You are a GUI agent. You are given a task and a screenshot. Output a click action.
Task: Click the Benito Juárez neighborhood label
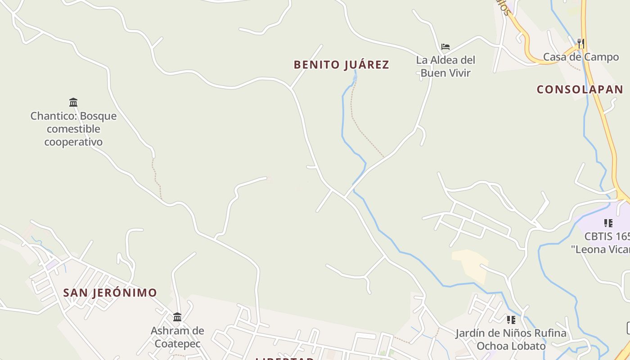pos(341,65)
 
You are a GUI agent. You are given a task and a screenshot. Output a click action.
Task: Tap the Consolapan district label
pos(580,89)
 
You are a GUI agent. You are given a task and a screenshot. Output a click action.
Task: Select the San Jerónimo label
pos(110,293)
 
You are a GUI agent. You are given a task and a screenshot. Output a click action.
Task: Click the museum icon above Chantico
pos(73,102)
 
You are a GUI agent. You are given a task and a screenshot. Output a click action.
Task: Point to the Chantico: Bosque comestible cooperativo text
pos(73,129)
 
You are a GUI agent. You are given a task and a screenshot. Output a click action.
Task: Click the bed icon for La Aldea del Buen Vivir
pos(445,47)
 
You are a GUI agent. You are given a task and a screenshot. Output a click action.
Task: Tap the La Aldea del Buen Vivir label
pos(445,66)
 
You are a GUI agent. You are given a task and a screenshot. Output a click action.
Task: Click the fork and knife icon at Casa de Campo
pos(581,44)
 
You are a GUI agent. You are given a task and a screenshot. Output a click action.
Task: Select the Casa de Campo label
pos(581,57)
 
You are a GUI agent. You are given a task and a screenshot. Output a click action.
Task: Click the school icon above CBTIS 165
pos(608,223)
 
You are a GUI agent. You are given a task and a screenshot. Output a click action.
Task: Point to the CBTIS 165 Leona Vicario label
pos(607,243)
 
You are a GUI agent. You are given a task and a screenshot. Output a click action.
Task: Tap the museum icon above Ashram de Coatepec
pos(177,317)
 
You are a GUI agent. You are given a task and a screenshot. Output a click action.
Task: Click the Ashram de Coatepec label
pos(177,337)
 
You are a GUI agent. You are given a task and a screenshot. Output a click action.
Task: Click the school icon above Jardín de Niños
pos(511,320)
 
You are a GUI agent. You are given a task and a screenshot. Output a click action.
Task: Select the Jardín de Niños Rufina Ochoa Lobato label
pos(511,340)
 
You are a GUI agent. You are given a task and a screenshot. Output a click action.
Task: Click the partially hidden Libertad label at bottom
pos(284,358)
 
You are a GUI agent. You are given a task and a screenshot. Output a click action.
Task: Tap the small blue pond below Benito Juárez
pos(355,78)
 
